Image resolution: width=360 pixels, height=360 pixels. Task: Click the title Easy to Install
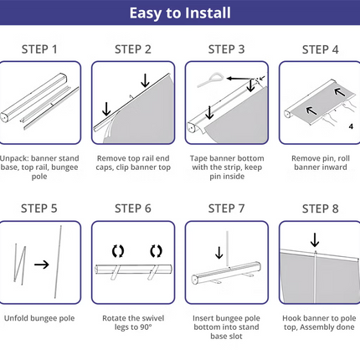click(180, 13)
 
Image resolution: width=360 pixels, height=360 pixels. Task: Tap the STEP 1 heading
click(39, 49)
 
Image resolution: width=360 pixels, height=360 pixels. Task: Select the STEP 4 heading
click(320, 49)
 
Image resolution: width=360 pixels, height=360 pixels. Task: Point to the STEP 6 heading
click(133, 208)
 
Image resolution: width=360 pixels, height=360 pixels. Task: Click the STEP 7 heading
click(226, 208)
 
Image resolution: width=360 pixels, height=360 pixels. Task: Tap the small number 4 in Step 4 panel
click(351, 126)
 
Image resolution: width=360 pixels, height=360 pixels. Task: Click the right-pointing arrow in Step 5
click(42, 265)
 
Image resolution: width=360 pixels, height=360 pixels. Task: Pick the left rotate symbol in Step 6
click(118, 251)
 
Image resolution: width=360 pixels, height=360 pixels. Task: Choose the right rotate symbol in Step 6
click(156, 251)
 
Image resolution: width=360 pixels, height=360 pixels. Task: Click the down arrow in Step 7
click(219, 253)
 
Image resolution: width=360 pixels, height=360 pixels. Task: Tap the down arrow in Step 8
click(315, 240)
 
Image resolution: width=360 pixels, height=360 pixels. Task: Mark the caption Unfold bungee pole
click(39, 318)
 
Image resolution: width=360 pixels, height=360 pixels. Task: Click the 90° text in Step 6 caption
click(146, 327)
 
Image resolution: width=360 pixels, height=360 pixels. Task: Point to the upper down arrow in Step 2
click(145, 80)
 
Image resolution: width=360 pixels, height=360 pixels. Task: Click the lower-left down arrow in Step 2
click(106, 109)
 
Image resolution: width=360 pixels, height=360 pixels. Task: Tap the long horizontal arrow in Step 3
click(239, 79)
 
